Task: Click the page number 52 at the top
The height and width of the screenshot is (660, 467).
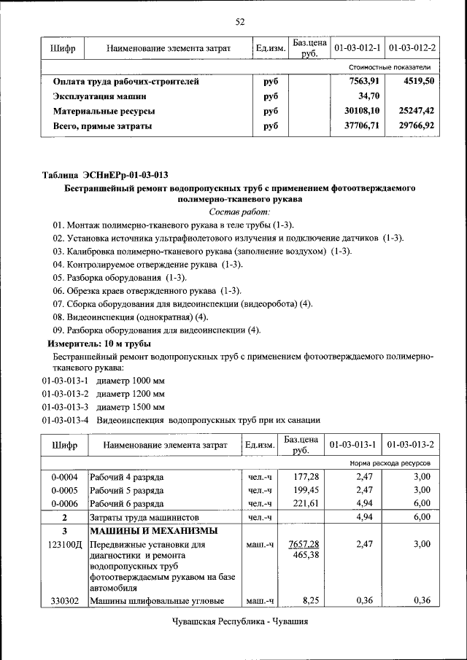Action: (239, 21)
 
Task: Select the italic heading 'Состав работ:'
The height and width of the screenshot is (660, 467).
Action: (239, 211)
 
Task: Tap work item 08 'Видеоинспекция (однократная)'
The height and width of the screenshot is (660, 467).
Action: (131, 317)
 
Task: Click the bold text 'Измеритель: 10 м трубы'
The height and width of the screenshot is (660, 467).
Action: (99, 343)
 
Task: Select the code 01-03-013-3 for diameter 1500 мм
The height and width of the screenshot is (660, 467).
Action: (65, 406)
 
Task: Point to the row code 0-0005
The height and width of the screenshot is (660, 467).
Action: (64, 489)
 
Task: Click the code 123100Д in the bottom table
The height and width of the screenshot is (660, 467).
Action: (64, 545)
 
